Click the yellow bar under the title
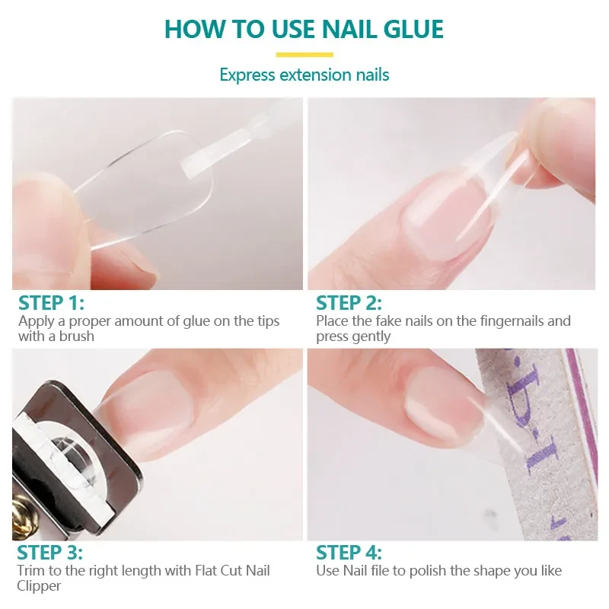[304, 54]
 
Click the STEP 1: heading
[51, 302]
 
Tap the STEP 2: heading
[349, 302]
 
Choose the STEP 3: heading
[49, 553]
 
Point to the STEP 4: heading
[349, 553]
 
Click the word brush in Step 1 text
[77, 336]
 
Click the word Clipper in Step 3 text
[40, 585]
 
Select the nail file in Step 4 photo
[533, 442]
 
